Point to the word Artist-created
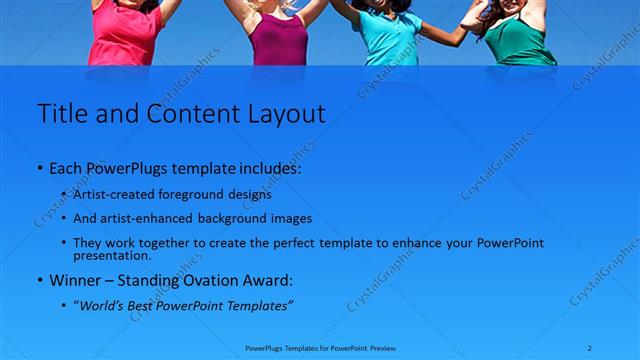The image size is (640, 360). (x=112, y=195)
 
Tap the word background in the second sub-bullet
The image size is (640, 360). (x=232, y=218)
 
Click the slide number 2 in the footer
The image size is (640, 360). (x=590, y=347)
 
